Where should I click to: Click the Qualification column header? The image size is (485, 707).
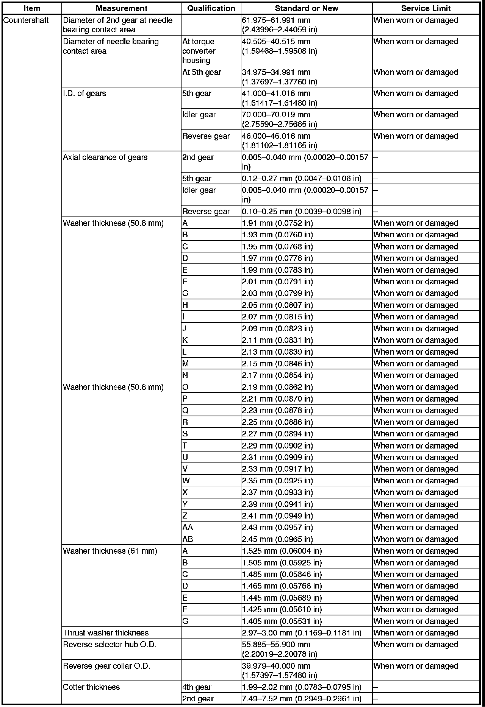[x=211, y=8]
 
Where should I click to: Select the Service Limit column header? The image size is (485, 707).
[x=426, y=8]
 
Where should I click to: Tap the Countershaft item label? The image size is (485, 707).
[x=26, y=20]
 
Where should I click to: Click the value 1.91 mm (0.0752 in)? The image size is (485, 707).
[x=277, y=223]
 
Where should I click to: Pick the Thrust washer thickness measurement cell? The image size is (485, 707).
[x=106, y=633]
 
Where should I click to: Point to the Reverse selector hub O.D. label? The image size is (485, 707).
[x=110, y=645]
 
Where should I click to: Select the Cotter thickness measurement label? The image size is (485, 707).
[x=91, y=687]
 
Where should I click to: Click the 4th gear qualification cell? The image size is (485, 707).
[x=197, y=687]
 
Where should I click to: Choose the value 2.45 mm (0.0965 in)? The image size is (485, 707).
[x=277, y=539]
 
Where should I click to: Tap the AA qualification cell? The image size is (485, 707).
[x=188, y=527]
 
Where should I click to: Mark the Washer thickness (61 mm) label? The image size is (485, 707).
[x=110, y=551]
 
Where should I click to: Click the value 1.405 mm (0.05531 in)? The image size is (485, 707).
[x=282, y=621]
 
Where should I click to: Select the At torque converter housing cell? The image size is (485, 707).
[x=199, y=51]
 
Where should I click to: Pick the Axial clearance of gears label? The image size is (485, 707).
[x=105, y=157]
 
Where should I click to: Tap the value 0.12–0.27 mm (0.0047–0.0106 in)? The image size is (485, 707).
[x=302, y=179]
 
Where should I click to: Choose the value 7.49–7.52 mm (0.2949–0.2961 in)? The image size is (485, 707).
[x=302, y=699]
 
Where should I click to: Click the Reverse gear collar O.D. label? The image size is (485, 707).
[x=106, y=666]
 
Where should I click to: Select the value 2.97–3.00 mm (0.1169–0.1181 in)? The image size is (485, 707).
[x=302, y=633]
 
